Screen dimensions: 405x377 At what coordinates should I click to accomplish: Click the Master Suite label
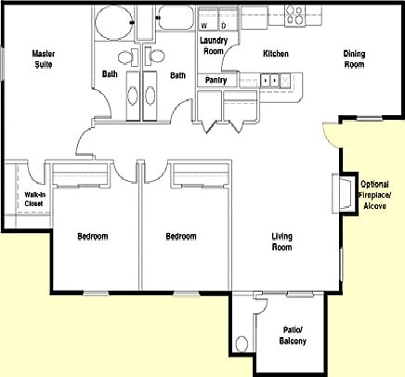[44, 59]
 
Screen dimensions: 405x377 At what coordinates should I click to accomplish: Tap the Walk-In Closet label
[33, 200]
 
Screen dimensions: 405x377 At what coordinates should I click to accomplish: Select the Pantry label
[216, 81]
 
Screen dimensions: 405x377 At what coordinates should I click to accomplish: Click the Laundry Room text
[214, 45]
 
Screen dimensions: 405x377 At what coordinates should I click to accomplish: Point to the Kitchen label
[276, 54]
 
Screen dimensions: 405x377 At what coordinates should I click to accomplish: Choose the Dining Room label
[354, 59]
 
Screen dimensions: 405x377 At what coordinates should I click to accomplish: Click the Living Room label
[281, 241]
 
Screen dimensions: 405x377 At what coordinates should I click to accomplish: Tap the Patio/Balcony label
[293, 335]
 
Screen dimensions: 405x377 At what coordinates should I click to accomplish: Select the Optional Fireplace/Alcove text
[374, 195]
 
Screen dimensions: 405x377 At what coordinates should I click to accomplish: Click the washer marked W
[208, 19]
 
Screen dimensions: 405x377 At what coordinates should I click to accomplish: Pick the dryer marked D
[228, 19]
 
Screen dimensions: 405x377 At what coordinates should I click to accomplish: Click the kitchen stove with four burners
[294, 16]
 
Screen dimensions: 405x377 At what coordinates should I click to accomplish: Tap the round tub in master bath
[113, 22]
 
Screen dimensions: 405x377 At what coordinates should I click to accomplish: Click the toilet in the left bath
[128, 58]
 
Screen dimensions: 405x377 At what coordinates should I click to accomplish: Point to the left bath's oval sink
[133, 96]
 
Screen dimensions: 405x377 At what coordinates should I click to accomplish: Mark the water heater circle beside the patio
[242, 344]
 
